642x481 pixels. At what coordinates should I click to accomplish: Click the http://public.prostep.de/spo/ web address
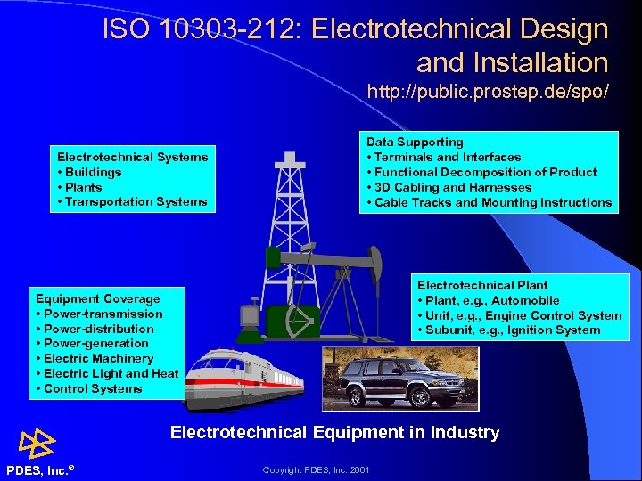pyautogui.click(x=488, y=92)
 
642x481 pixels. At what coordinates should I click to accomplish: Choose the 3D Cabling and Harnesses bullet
pyautogui.click(x=453, y=187)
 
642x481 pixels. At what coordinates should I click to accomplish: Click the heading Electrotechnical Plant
pyautogui.click(x=482, y=285)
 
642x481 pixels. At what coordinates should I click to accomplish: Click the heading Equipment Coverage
pyautogui.click(x=98, y=298)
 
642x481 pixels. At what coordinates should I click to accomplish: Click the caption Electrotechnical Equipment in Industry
pyautogui.click(x=334, y=433)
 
